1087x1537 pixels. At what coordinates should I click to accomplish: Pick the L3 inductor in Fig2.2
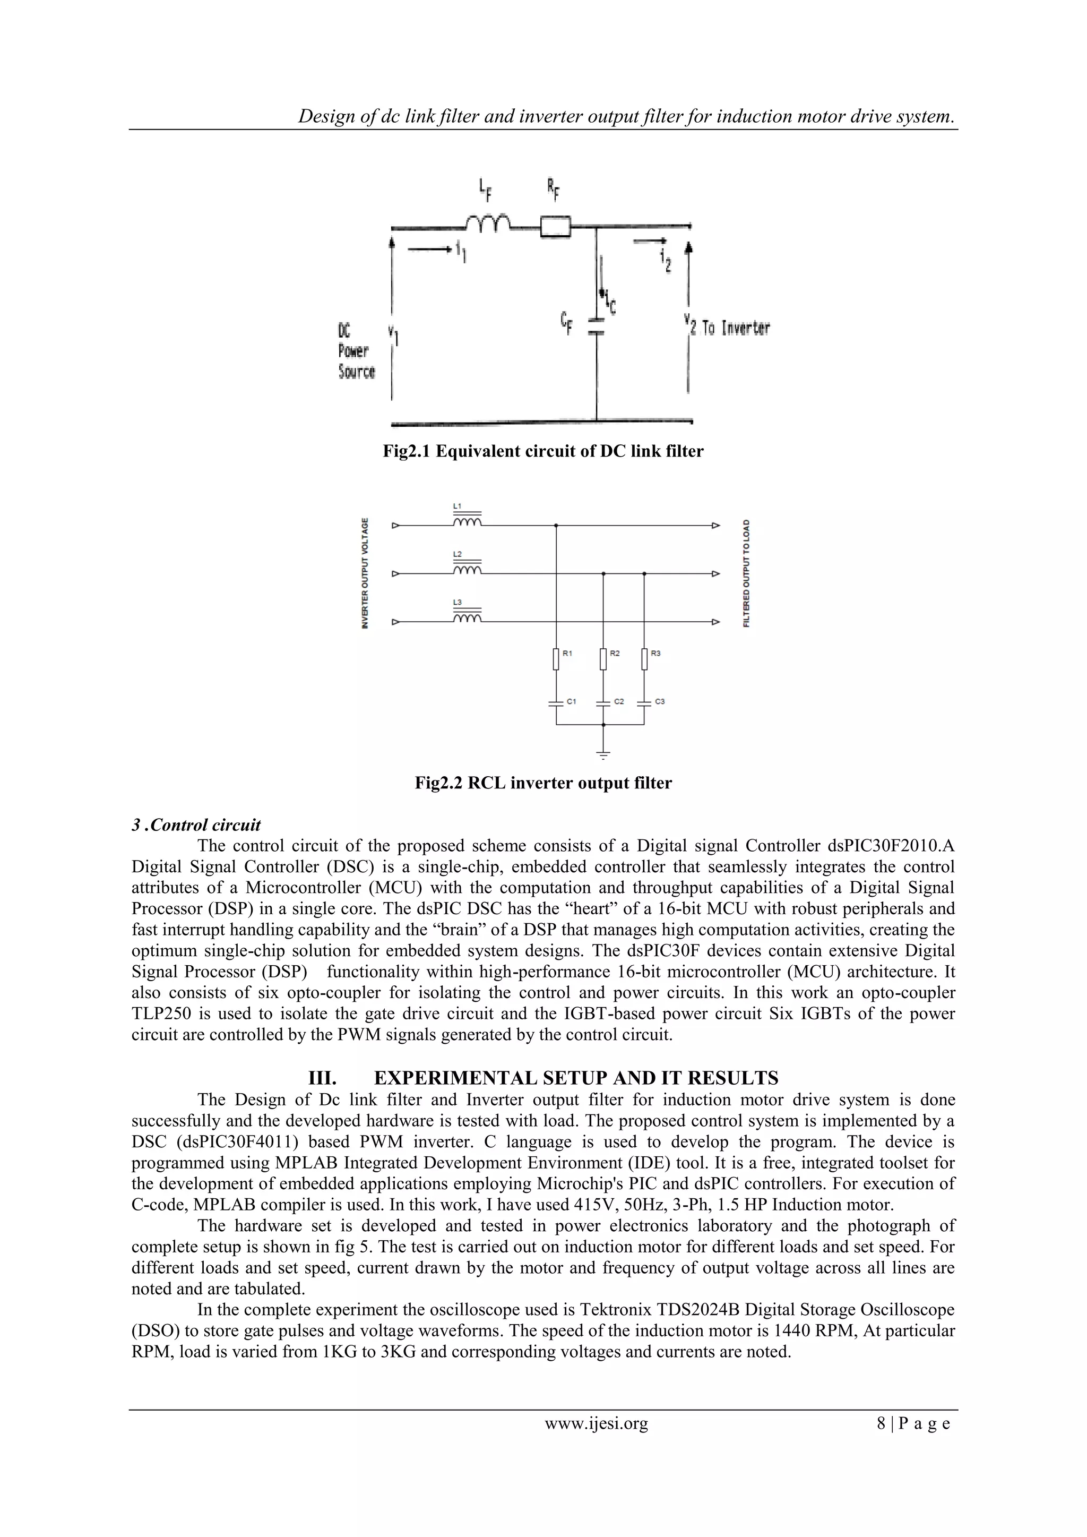pyautogui.click(x=467, y=619)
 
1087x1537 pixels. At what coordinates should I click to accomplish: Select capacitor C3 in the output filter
pyautogui.click(x=644, y=702)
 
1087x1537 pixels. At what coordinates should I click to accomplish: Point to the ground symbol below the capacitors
pyautogui.click(x=603, y=754)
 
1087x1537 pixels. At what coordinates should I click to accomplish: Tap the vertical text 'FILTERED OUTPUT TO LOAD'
pyautogui.click(x=746, y=573)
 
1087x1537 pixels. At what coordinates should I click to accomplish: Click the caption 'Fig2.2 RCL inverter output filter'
pyautogui.click(x=543, y=783)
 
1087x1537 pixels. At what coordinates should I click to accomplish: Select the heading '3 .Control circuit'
pyautogui.click(x=196, y=825)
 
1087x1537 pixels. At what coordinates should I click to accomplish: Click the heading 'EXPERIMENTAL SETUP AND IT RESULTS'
pyautogui.click(x=576, y=1078)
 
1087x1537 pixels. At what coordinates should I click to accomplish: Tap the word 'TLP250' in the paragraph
pyautogui.click(x=159, y=1014)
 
